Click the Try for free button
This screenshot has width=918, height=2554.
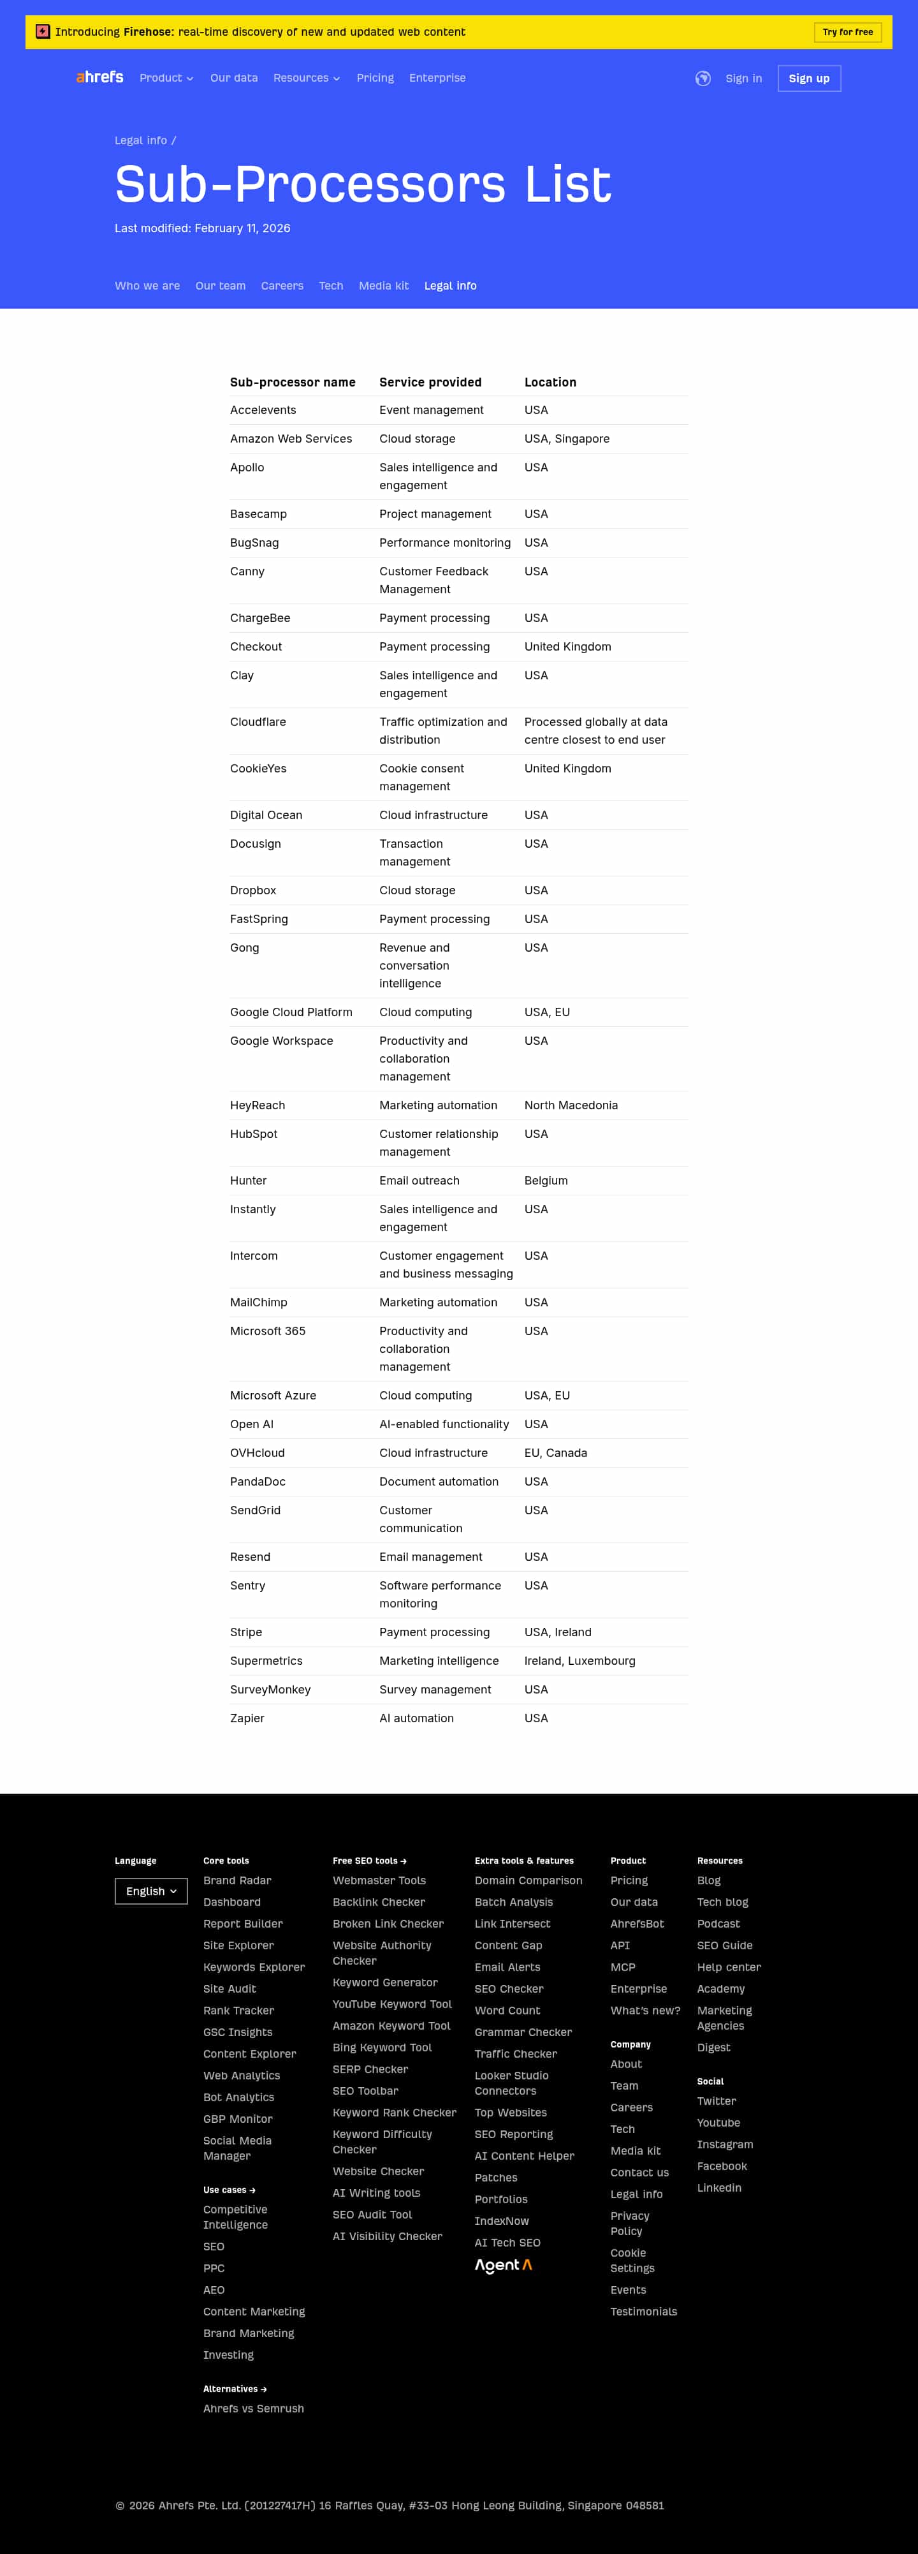848,32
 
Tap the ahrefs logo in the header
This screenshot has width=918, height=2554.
100,77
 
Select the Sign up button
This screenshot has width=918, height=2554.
809,78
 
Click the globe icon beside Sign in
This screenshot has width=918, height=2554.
703,78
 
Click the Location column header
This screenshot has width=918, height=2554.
550,381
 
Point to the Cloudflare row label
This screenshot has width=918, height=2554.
258,722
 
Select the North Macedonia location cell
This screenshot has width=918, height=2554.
571,1105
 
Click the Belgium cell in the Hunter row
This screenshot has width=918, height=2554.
546,1181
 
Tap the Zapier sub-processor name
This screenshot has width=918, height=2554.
247,1718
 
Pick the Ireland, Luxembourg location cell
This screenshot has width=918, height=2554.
580,1661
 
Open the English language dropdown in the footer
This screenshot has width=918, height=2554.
150,1891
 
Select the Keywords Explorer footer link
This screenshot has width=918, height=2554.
254,1967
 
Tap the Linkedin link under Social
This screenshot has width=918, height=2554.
718,2187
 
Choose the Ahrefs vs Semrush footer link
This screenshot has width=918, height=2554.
254,2409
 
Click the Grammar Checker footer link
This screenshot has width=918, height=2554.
523,2032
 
